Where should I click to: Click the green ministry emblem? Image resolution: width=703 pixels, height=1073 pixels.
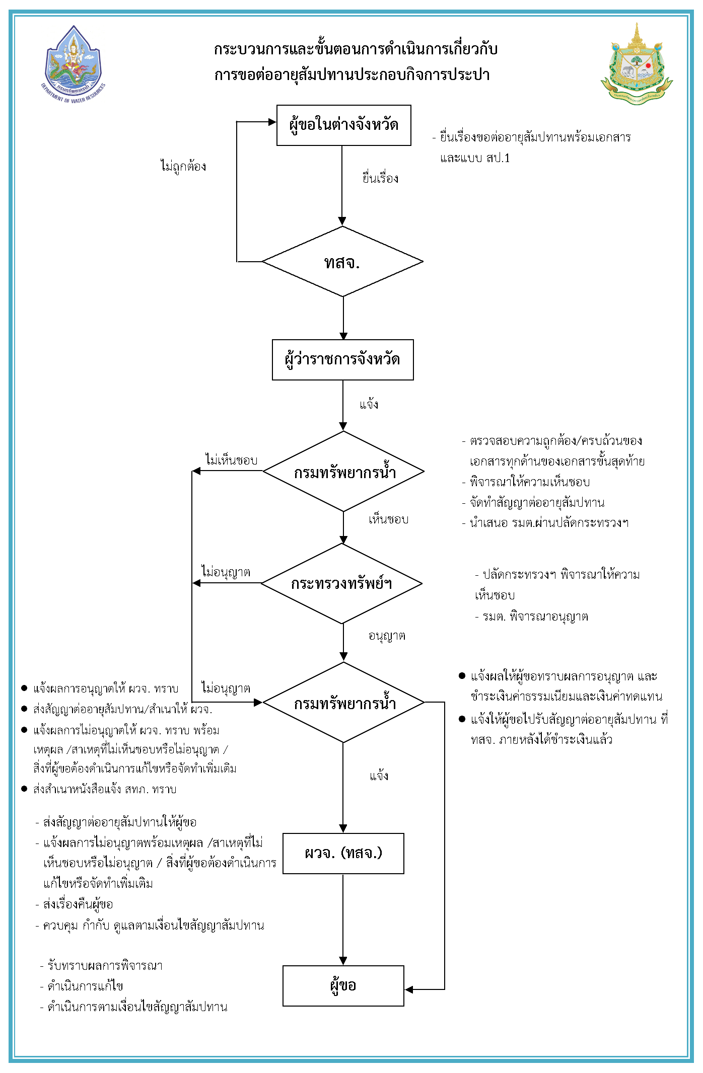(637, 65)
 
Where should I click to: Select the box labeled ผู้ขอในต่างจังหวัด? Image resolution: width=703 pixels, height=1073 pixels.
(343, 125)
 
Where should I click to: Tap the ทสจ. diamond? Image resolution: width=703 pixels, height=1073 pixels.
(342, 262)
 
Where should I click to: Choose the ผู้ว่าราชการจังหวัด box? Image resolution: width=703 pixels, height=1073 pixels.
(342, 360)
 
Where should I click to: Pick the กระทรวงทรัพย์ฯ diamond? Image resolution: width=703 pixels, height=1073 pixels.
(341, 584)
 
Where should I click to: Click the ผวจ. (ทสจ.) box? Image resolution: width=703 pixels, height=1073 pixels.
(343, 854)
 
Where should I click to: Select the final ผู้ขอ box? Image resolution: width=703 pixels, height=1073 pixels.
(343, 985)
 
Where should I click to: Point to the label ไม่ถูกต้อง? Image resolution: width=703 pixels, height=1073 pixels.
(183, 166)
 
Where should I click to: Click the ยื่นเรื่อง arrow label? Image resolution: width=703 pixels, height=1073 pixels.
(380, 178)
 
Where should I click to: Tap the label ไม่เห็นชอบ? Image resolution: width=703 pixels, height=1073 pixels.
(231, 460)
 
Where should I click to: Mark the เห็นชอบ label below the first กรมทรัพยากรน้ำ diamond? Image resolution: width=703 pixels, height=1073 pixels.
(388, 519)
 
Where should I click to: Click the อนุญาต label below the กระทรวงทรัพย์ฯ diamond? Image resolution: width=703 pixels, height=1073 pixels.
(387, 636)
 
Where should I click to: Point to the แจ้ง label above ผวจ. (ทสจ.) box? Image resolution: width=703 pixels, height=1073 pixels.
(379, 776)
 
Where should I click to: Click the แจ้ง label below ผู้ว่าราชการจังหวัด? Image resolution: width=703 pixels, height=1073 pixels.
(369, 405)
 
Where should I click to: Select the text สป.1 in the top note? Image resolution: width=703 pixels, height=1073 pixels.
(498, 159)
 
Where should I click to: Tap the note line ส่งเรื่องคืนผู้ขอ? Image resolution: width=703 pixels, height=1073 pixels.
(78, 904)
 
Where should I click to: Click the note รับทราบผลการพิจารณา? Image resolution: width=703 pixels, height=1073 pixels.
(105, 966)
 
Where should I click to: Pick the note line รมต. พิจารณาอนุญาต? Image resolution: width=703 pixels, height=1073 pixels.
(535, 617)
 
